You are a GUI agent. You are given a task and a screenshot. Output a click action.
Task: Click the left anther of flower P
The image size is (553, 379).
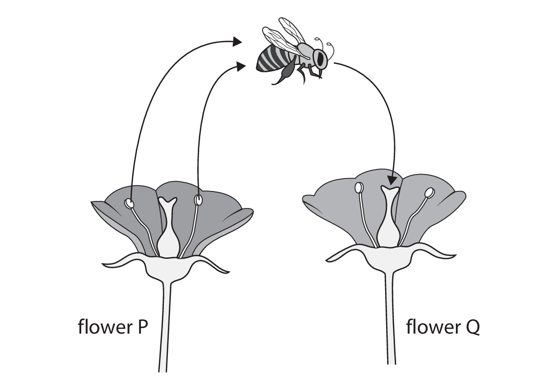tap(130, 203)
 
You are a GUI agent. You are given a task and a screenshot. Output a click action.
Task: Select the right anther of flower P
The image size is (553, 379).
tap(199, 200)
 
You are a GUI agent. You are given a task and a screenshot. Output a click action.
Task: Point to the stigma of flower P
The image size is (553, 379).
tap(167, 202)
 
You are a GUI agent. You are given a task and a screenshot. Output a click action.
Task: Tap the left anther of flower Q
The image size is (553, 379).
tap(359, 188)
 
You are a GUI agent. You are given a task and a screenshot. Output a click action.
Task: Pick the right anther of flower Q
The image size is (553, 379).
tap(429, 192)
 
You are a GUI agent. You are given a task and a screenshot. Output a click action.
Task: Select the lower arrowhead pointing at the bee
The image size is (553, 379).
tap(241, 66)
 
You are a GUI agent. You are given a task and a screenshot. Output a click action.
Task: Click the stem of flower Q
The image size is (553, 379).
tap(391, 319)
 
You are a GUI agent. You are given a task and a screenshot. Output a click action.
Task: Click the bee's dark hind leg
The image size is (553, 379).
tap(285, 75)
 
